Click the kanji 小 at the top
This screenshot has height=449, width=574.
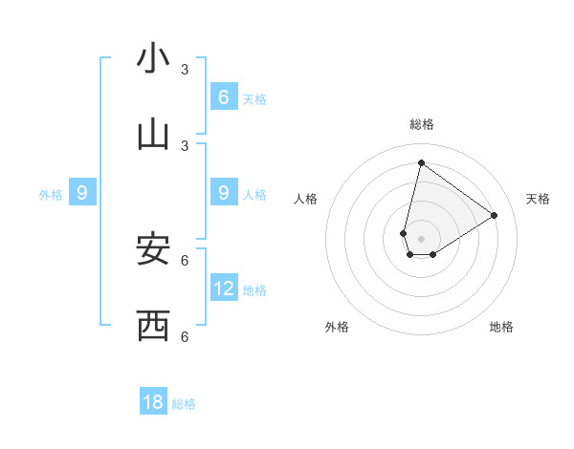[x=153, y=58]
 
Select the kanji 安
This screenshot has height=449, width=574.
[x=153, y=249]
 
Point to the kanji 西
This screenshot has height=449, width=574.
[x=153, y=326]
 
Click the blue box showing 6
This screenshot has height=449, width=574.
[x=224, y=96]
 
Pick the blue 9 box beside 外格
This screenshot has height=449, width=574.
[x=82, y=193]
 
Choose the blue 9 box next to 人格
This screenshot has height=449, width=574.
[x=224, y=193]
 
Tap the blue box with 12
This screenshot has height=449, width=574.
[x=224, y=288]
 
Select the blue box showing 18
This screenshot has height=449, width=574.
[x=153, y=402]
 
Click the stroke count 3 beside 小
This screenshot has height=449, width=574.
[x=185, y=70]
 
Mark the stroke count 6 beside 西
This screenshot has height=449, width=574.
[x=185, y=336]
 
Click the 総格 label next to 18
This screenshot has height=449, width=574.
[x=184, y=404]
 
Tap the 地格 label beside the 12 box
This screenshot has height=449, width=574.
[x=254, y=290]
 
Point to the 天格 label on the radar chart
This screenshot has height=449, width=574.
[x=538, y=199]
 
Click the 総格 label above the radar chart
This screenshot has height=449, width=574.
[x=421, y=124]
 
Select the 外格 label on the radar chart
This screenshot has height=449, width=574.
[x=337, y=327]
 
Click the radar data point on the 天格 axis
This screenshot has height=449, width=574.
[x=495, y=215]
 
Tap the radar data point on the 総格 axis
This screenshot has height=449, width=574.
[x=421, y=162]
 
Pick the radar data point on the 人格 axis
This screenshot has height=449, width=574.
[x=404, y=233]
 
